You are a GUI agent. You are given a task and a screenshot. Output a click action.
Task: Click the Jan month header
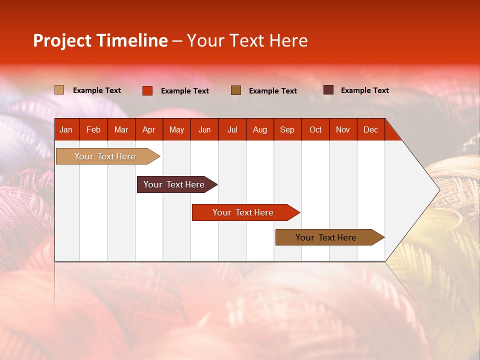pos(66,129)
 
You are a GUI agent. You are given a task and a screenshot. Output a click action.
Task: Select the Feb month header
pos(93,129)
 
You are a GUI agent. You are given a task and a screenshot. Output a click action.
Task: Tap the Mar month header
pos(121,129)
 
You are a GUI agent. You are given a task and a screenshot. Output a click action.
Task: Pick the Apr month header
pos(149,129)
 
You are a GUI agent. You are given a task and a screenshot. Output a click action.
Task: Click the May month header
pos(176,129)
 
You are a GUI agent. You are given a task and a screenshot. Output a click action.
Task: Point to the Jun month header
pos(204,129)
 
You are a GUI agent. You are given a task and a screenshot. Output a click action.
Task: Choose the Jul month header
pos(232,129)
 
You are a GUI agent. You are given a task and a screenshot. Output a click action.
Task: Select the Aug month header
pos(260,129)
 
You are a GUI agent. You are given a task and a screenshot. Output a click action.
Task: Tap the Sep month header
pos(287,129)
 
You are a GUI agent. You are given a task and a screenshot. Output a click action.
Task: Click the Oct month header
pos(315,129)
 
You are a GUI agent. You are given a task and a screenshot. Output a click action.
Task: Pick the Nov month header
pos(343,129)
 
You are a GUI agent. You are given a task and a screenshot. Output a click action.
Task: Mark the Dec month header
pos(371,129)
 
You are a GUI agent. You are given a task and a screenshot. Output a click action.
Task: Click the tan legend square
pos(59,90)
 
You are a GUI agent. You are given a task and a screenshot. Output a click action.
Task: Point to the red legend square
pos(147,90)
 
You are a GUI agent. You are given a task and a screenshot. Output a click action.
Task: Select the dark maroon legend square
pos(328,90)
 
